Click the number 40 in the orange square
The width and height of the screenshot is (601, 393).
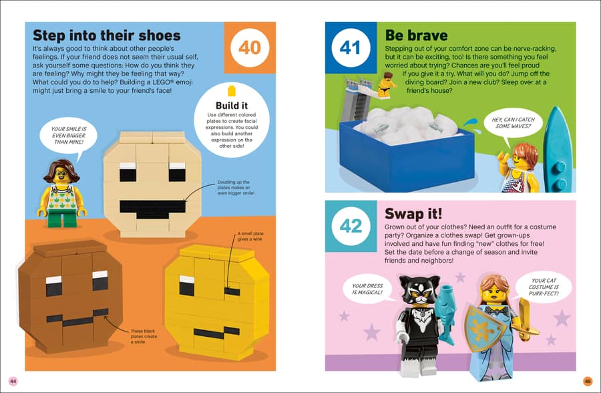tap(250, 48)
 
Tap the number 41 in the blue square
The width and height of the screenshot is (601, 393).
tap(350, 48)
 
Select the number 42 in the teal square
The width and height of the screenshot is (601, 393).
tap(351, 226)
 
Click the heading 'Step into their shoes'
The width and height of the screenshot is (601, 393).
tap(107, 35)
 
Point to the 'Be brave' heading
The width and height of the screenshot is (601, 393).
tap(416, 35)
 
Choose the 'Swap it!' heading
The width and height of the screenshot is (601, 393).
tap(413, 213)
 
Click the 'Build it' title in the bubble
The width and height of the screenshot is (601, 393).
tap(232, 106)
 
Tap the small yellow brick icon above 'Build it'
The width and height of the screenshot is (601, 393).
tap(232, 91)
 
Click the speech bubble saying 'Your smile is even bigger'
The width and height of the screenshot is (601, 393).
tap(68, 136)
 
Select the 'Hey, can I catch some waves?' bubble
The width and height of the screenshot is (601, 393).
tap(514, 123)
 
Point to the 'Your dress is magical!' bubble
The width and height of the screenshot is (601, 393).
tap(367, 289)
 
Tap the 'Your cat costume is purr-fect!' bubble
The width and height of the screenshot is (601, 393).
tap(544, 287)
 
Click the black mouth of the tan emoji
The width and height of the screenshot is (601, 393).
tap(152, 209)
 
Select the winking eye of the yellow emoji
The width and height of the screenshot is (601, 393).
tap(232, 291)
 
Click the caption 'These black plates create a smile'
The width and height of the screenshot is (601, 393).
tap(144, 336)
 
